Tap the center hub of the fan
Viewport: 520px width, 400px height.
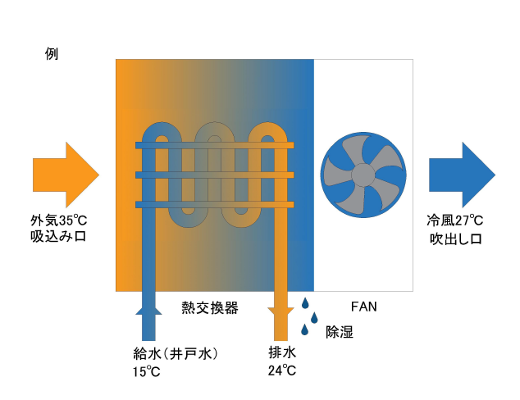coord(362,175)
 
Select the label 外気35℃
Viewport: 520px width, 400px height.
coord(58,220)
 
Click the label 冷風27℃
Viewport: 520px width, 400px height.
coord(454,220)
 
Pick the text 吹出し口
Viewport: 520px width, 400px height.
coord(455,239)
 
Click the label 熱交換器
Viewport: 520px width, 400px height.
coord(210,307)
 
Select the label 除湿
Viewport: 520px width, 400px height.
coord(340,332)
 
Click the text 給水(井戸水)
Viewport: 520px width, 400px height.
coord(175,353)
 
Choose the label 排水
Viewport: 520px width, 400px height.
coord(281,353)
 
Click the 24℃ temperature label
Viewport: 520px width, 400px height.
coord(281,371)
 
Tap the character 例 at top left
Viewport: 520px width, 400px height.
coord(52,54)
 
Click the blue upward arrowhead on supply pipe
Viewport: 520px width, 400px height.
coord(148,308)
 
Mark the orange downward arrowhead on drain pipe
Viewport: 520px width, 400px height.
coord(281,311)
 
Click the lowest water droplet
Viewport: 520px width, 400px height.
coord(305,330)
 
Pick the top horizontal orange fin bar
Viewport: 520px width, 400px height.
coord(215,145)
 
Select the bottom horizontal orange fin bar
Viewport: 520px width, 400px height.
coord(215,203)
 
